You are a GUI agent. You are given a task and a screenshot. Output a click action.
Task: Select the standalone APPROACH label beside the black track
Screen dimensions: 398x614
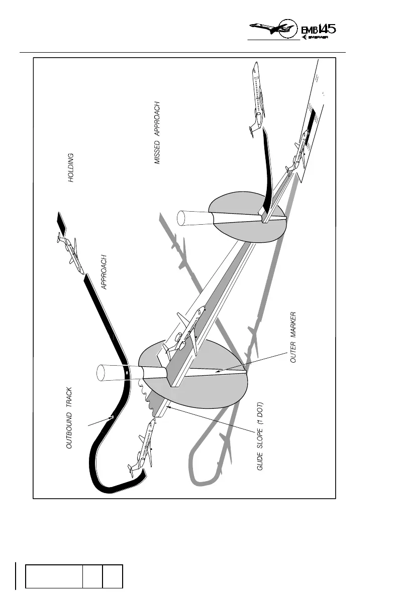105,273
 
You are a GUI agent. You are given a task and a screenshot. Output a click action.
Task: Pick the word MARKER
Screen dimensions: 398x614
294,329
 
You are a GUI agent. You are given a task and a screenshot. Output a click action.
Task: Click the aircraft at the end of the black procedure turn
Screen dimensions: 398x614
143,446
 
